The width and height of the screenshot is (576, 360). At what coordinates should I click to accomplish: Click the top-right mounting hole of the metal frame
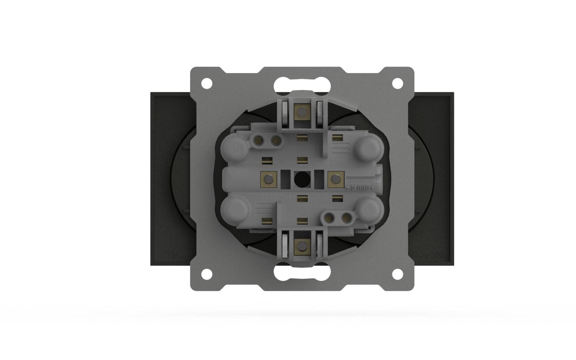click(x=397, y=83)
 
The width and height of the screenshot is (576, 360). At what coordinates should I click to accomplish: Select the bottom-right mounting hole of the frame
click(x=397, y=274)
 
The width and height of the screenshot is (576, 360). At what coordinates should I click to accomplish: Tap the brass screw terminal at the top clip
click(x=301, y=112)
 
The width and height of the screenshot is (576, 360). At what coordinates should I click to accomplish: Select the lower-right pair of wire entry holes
click(x=337, y=217)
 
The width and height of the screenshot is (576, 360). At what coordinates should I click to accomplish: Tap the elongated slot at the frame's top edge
click(x=302, y=85)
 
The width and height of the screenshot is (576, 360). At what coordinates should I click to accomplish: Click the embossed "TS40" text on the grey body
click(x=320, y=198)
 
